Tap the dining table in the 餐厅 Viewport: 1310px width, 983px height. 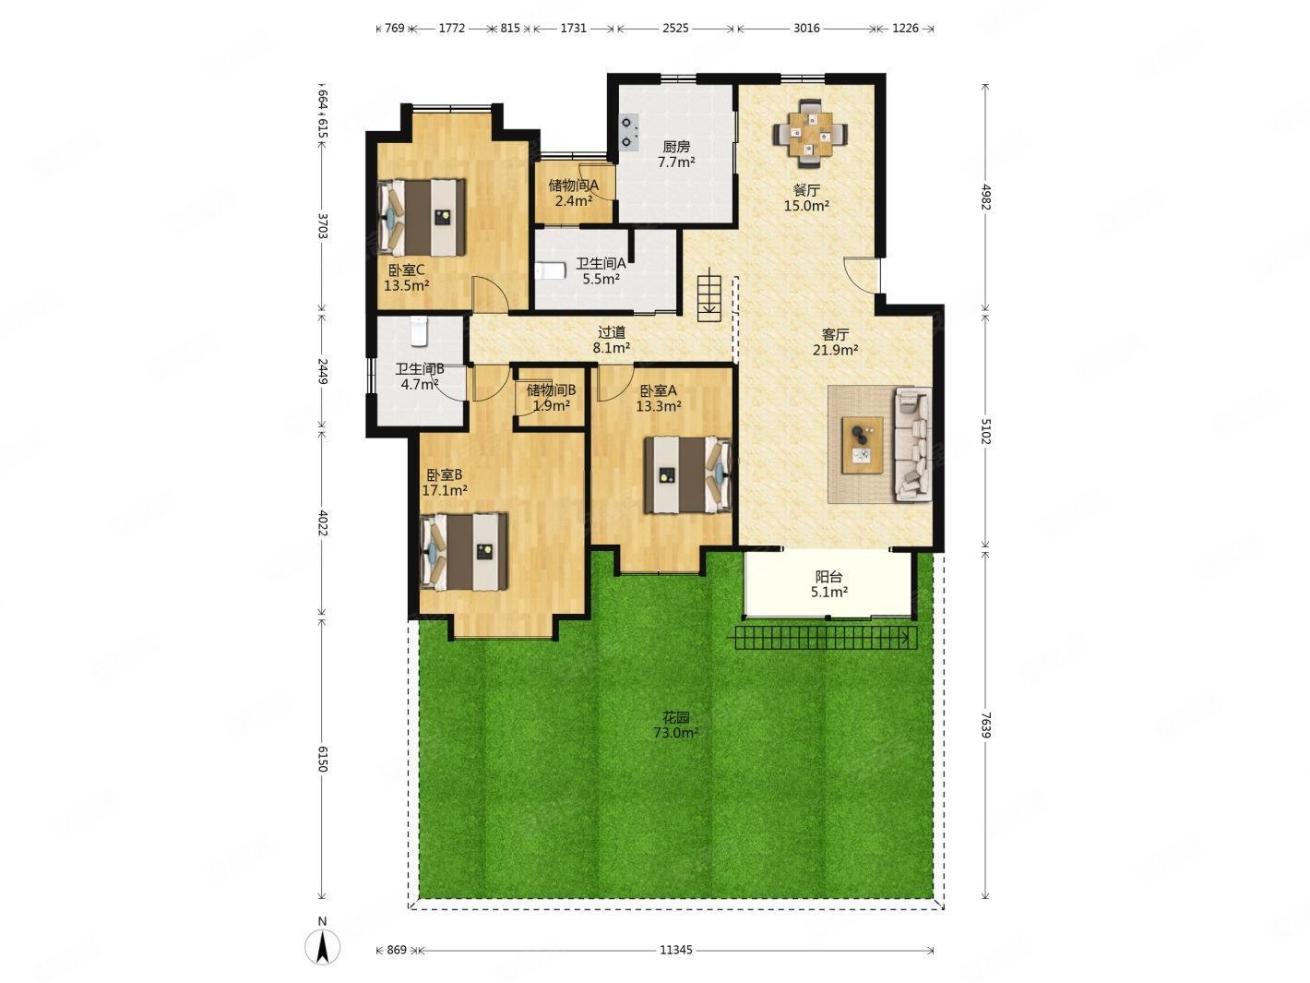point(810,134)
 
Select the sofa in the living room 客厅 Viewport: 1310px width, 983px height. point(912,443)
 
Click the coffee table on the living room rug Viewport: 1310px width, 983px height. point(863,445)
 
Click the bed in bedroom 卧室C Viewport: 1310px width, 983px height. point(422,217)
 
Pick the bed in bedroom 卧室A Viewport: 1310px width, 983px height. point(688,474)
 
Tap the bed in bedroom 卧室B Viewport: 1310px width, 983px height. point(464,551)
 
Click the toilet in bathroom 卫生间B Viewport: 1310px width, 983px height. point(420,331)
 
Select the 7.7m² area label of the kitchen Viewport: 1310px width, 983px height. point(676,162)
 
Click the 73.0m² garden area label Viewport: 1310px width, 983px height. point(675,732)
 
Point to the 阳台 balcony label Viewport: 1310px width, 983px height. point(829,577)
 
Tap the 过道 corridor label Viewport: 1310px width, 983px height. point(611,332)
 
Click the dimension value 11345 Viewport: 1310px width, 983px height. point(675,950)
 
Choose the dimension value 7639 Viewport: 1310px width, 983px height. point(985,725)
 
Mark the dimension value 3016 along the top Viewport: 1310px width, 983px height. point(806,28)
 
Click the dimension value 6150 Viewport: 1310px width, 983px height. point(322,759)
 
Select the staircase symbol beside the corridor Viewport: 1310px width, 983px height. point(709,294)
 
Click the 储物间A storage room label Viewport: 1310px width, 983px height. point(574,185)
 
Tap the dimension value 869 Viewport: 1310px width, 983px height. point(397,950)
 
